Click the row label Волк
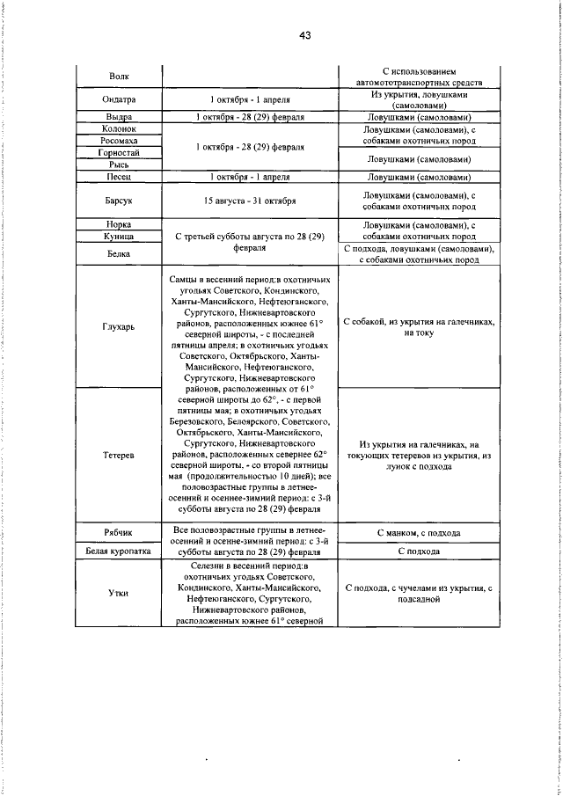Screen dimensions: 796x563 (119, 77)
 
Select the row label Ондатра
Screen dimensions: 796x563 (119, 99)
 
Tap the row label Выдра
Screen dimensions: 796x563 (119, 116)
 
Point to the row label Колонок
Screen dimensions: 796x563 (119, 128)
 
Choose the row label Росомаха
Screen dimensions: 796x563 (119, 140)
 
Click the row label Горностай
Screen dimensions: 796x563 (119, 152)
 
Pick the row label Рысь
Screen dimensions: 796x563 (119, 164)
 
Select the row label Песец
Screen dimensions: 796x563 (119, 177)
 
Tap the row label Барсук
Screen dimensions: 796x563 (119, 201)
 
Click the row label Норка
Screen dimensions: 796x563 (119, 224)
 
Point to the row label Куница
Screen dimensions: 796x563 (119, 237)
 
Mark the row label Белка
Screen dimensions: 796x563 (119, 254)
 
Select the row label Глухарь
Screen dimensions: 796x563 (119, 327)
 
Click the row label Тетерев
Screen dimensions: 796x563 (119, 456)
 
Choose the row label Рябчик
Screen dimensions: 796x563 (119, 532)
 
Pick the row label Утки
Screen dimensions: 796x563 (119, 593)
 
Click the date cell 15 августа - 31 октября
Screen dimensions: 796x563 (251, 201)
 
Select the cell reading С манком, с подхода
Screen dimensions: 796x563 (418, 533)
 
